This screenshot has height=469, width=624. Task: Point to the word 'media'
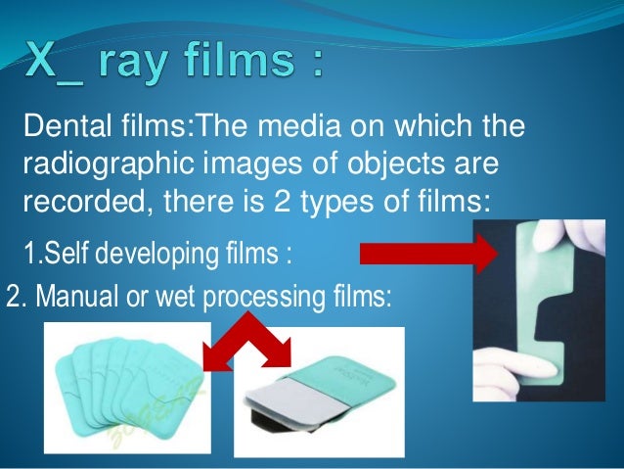click(x=334, y=128)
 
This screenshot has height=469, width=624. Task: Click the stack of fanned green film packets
click(x=127, y=386)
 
